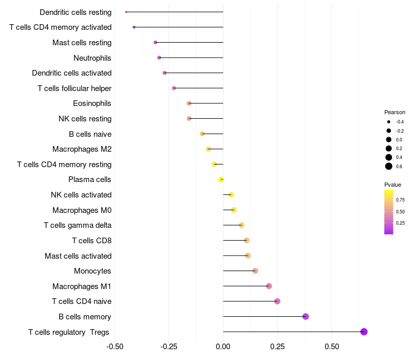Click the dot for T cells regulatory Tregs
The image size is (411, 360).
364,332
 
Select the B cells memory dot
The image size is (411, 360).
306,316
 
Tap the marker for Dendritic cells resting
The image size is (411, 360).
126,12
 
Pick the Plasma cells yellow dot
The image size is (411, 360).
221,179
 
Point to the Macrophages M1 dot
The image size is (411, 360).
269,286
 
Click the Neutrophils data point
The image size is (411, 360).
159,58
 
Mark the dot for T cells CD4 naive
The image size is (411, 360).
277,301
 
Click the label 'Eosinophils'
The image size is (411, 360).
92,103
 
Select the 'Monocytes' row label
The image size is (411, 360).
92,271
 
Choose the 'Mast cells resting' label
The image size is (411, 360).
82,43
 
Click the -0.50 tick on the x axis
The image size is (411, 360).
115,347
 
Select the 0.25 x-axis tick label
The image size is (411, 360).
277,347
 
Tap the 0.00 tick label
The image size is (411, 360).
223,347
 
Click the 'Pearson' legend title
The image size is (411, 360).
395,112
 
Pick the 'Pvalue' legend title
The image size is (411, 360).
393,185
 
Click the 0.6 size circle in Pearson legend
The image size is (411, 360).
389,166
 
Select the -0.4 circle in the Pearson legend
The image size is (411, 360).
389,122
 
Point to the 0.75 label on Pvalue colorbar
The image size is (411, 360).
400,200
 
